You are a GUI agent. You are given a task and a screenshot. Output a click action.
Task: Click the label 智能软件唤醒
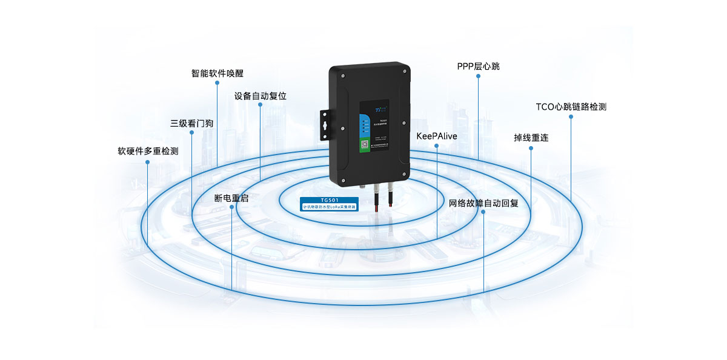(217, 73)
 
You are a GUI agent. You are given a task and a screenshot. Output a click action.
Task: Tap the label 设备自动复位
(260, 96)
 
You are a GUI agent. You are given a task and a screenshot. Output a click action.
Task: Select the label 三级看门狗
(192, 123)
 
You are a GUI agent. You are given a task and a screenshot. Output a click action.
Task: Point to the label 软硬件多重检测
(148, 151)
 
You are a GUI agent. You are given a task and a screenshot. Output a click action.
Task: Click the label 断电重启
(231, 198)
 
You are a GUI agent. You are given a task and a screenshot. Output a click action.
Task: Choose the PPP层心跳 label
(478, 66)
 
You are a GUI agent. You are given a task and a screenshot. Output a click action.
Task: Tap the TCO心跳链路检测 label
(571, 107)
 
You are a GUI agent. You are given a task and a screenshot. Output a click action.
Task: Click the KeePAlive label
(436, 136)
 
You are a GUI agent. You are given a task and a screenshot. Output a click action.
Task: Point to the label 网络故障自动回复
(483, 203)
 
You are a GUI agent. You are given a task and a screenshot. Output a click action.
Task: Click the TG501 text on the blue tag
(330, 200)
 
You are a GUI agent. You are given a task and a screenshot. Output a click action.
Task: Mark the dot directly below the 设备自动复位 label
(260, 105)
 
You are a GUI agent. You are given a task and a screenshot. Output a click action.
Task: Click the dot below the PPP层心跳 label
(478, 76)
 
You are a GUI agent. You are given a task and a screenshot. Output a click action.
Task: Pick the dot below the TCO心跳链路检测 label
(571, 117)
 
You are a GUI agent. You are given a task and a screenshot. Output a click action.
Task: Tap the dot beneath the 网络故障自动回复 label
(483, 212)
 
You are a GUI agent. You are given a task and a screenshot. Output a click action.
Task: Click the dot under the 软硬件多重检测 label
(148, 161)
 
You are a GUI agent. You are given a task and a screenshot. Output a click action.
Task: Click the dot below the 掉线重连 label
(531, 147)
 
